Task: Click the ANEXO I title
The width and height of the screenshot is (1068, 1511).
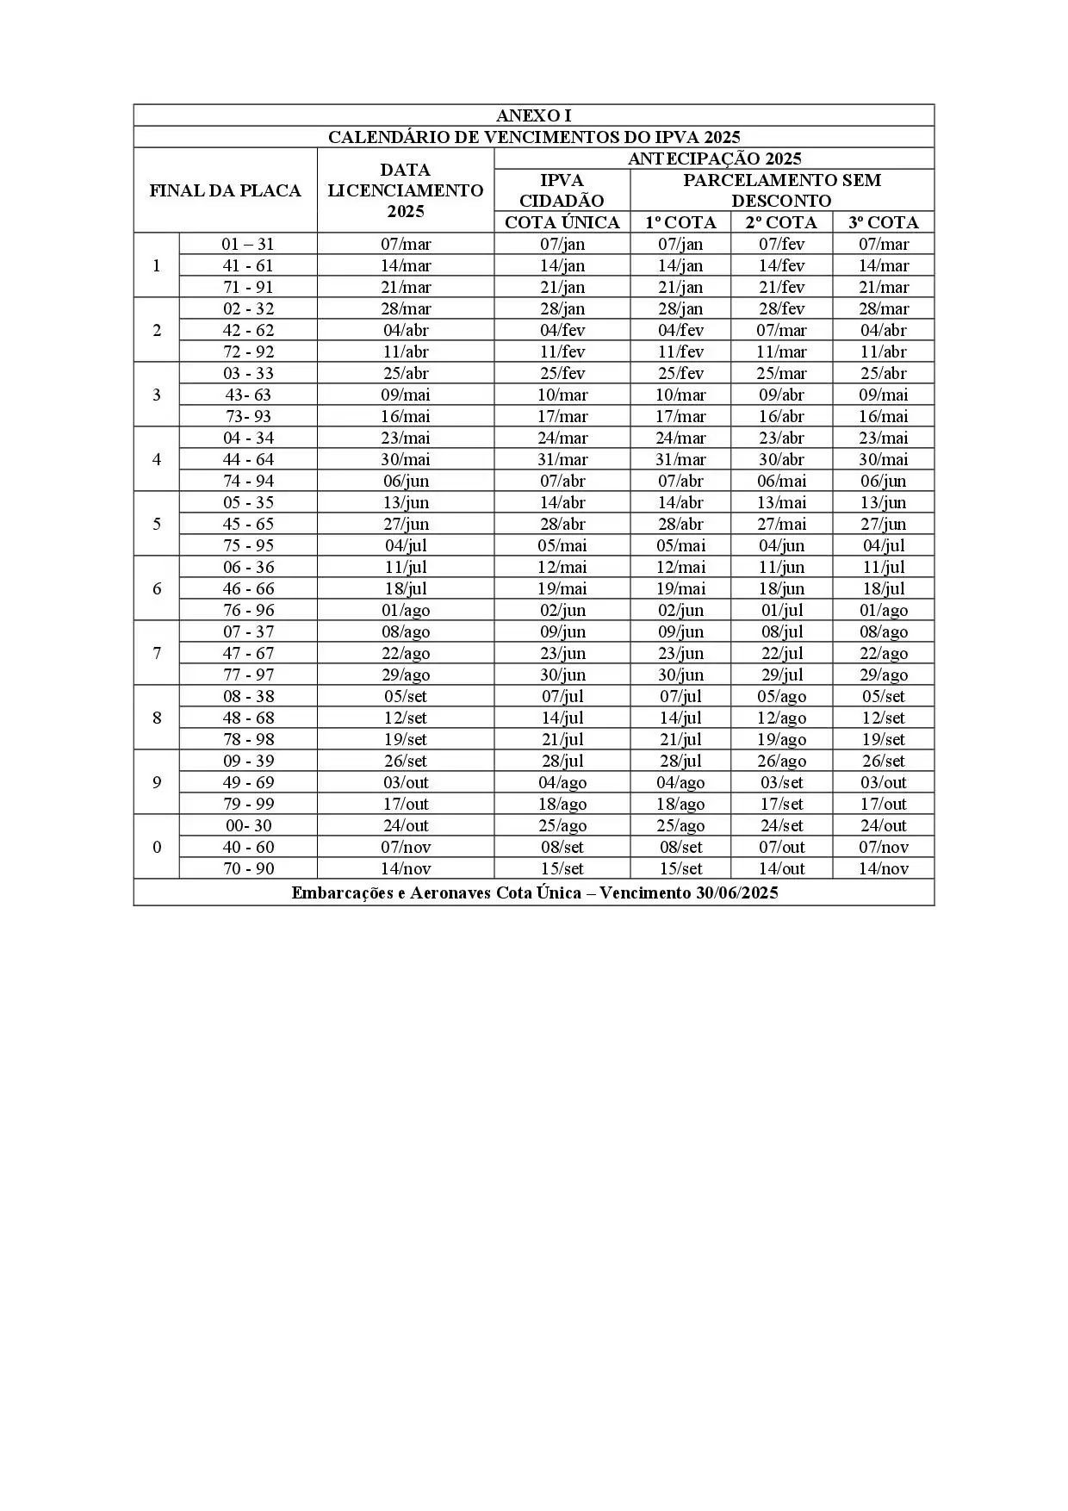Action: pos(533,115)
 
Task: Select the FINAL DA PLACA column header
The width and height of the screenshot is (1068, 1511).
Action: pos(225,190)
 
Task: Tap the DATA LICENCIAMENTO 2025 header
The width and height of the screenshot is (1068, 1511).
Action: pos(405,190)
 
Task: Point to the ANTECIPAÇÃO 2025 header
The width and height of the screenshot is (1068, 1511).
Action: pos(714,159)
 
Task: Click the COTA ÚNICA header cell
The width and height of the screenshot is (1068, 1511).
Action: pos(562,222)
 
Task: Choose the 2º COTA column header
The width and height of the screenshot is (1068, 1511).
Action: pos(781,222)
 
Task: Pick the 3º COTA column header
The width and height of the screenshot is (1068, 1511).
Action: pos(883,222)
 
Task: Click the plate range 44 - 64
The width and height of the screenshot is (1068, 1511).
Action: pos(248,459)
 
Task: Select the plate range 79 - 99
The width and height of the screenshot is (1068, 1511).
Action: pos(248,804)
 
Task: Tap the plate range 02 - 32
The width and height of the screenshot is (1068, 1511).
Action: pos(248,308)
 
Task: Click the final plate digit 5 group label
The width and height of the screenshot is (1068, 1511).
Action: pos(156,524)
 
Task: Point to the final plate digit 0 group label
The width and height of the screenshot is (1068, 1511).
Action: pos(156,847)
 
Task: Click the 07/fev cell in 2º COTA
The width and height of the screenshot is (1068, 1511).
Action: pos(781,244)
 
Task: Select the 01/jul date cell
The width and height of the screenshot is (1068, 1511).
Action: pos(781,610)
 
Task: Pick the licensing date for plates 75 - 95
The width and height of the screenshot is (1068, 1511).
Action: pos(405,545)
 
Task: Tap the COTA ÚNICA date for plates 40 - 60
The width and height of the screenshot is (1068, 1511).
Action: pos(562,847)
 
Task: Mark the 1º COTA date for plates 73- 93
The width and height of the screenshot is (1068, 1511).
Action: pos(680,416)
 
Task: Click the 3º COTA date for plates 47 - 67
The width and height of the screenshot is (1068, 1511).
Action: pos(883,653)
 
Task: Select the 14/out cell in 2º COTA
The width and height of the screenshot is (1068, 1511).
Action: pos(781,868)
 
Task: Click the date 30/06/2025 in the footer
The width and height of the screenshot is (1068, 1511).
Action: pos(736,892)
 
